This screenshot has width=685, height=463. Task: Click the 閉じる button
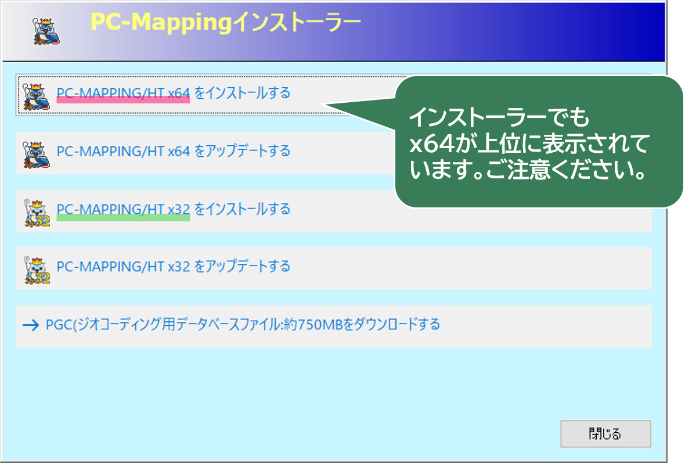pos(605,434)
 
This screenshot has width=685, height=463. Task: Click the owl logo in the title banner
pos(46,31)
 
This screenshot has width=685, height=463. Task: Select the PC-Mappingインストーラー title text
pos(225,22)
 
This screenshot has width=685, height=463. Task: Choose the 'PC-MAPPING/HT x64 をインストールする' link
pos(174,93)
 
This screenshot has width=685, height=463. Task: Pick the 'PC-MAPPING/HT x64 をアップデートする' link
pos(174,151)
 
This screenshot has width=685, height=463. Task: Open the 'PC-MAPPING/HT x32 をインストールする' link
pos(174,209)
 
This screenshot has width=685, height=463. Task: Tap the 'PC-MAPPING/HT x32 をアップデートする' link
pos(174,266)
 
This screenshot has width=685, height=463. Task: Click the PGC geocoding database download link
pos(243,324)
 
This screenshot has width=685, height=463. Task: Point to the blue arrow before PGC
pos(31,325)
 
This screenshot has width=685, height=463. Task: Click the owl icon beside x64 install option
pos(36,96)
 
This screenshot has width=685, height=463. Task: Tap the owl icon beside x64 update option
pos(36,155)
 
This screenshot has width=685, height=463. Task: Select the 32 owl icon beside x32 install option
pos(37,213)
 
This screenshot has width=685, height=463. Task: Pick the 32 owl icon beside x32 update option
pos(37,270)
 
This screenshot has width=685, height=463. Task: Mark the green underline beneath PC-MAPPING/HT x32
pos(123,218)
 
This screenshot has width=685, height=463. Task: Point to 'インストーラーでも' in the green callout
pos(499,117)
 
